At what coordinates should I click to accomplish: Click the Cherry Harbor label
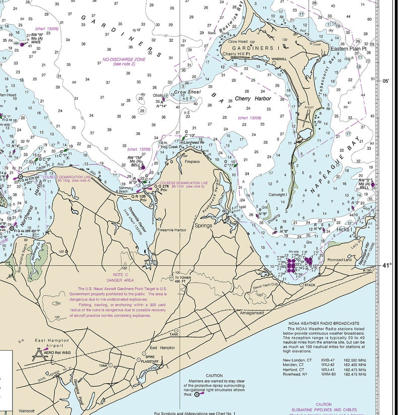(253, 99)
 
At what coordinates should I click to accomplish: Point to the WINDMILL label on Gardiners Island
(279, 60)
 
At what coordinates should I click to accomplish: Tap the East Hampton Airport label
(52, 343)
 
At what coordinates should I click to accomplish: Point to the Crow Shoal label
(187, 93)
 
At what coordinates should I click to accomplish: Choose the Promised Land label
(339, 260)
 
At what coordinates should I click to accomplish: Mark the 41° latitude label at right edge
(386, 265)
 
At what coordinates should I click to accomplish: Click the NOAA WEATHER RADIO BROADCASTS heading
(323, 323)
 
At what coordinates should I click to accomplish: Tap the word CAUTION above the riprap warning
(214, 376)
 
